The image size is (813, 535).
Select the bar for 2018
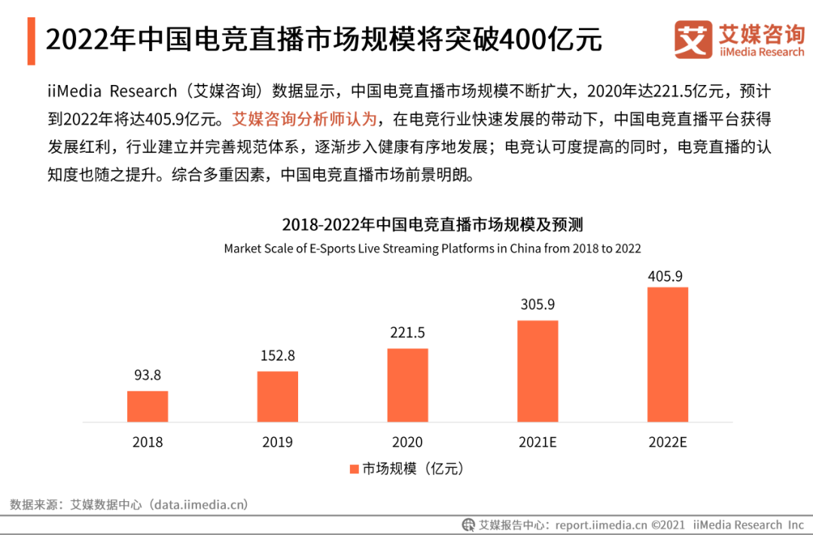pyautogui.click(x=148, y=406)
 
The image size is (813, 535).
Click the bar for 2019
pyautogui.click(x=277, y=397)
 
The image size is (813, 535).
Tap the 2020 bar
pyautogui.click(x=407, y=385)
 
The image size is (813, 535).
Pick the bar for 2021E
pyautogui.click(x=537, y=371)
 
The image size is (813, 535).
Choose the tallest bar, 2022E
pyautogui.click(x=668, y=354)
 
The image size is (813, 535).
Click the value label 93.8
pyautogui.click(x=148, y=375)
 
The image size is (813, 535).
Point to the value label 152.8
pyautogui.click(x=277, y=355)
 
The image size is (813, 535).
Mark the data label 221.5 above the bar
pyautogui.click(x=407, y=333)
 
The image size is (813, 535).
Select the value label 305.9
pyautogui.click(x=537, y=305)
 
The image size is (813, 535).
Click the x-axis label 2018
pyautogui.click(x=148, y=442)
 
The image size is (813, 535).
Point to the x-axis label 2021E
pyautogui.click(x=537, y=442)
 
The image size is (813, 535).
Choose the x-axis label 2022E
pyautogui.click(x=668, y=442)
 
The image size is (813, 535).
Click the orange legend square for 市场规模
pyautogui.click(x=354, y=469)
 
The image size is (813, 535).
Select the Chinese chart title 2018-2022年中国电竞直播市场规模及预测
pyautogui.click(x=432, y=224)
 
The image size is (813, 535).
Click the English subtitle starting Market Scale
pyautogui.click(x=432, y=248)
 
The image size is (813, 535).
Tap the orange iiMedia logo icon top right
pyautogui.click(x=693, y=40)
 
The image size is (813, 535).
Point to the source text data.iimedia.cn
pyautogui.click(x=199, y=504)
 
